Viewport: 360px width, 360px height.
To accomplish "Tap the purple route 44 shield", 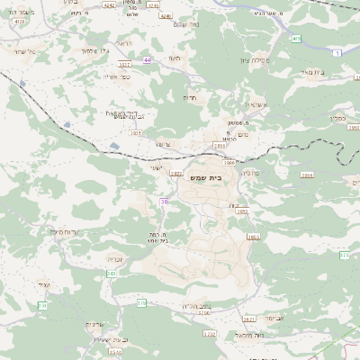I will coord(147,59).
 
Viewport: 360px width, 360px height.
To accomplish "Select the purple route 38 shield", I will coord(164,202).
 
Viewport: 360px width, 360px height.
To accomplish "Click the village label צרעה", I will coord(162,143).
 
